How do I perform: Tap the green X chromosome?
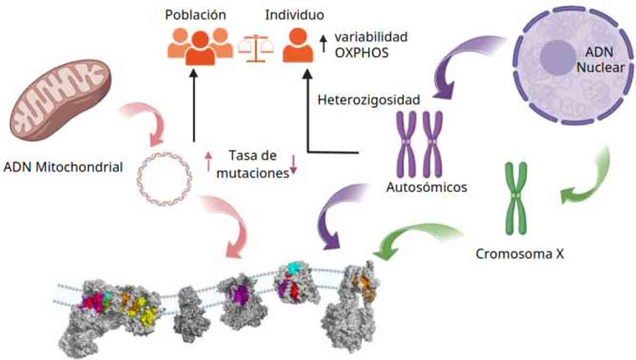pyautogui.click(x=515, y=198)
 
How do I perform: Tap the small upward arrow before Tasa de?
pyautogui.click(x=209, y=161)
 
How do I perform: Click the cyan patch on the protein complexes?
pyautogui.click(x=295, y=267)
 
